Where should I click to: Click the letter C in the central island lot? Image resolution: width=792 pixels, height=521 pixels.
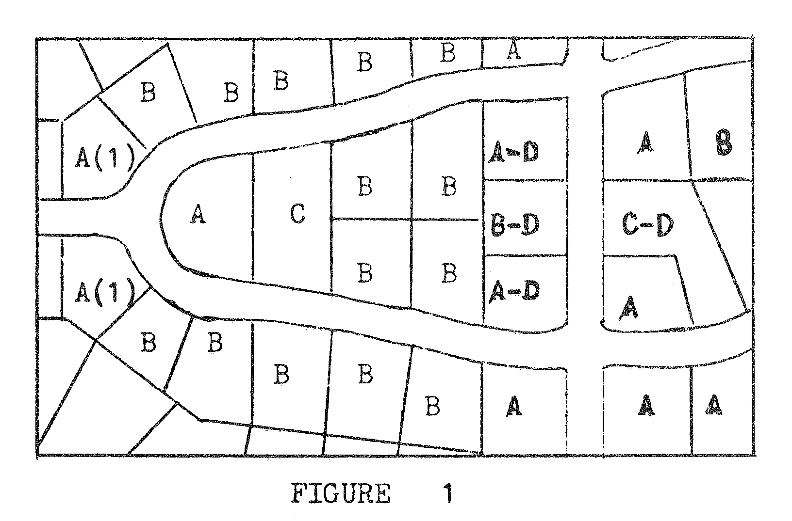click(x=297, y=214)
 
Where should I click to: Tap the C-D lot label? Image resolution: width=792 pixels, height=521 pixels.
click(x=648, y=225)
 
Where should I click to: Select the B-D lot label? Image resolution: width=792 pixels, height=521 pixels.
click(x=514, y=224)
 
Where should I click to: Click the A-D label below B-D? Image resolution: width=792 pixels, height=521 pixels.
click(x=514, y=291)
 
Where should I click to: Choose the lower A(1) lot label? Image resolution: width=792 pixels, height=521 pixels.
click(x=104, y=292)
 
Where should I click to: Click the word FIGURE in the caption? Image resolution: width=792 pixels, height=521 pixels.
click(x=341, y=494)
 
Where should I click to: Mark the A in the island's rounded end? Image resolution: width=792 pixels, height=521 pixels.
click(x=197, y=215)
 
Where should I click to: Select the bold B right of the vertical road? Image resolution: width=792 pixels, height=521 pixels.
click(x=724, y=144)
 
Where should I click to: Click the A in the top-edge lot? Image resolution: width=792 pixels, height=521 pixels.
click(x=513, y=50)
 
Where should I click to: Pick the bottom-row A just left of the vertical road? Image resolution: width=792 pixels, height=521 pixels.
click(x=514, y=406)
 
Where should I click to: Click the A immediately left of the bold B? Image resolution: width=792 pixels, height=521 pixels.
click(x=645, y=143)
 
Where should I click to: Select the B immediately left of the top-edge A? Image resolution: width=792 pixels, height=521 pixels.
click(x=447, y=53)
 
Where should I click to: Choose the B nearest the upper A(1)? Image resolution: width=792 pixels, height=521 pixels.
click(x=148, y=92)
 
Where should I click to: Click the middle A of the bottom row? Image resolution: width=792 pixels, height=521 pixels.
click(x=646, y=405)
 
